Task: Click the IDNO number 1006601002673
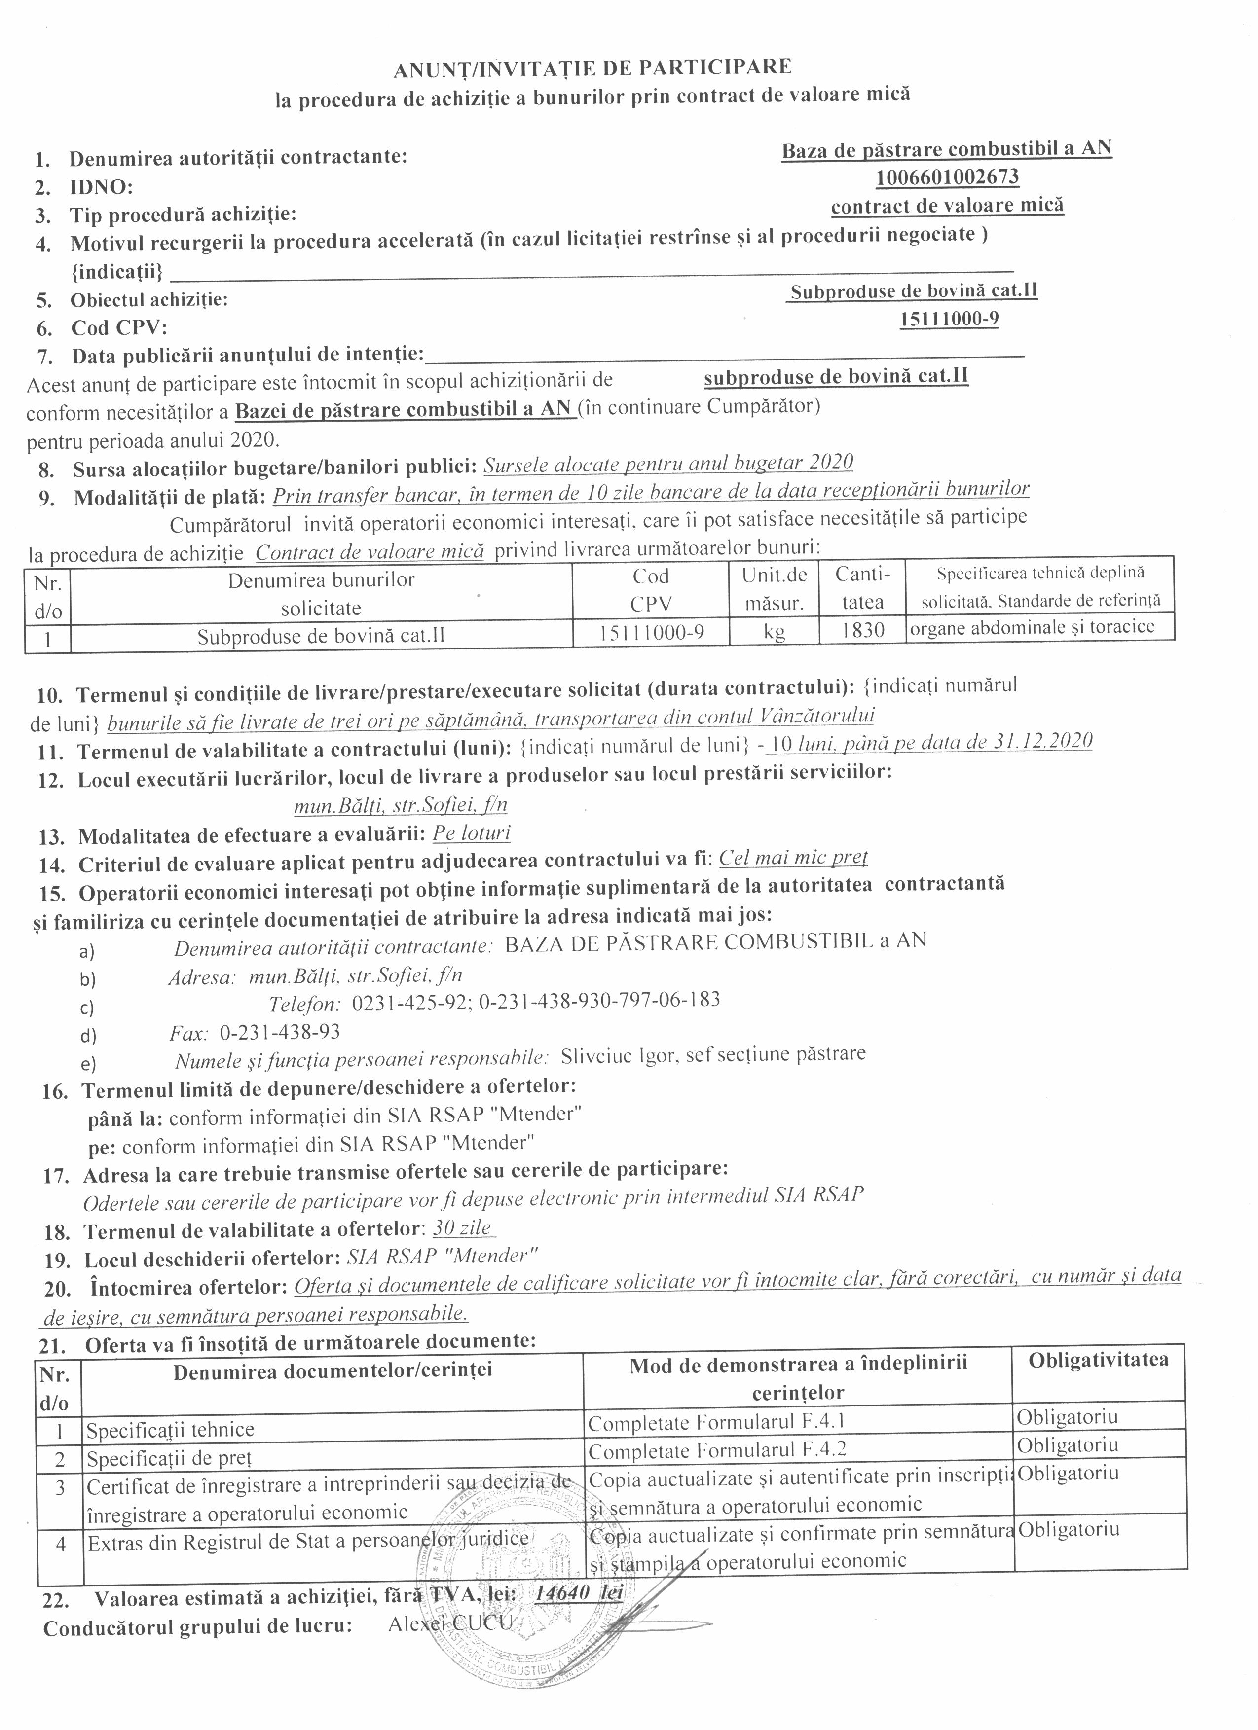click(x=947, y=177)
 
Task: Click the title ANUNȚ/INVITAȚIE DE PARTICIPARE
click(x=592, y=68)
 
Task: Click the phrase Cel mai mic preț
click(x=793, y=858)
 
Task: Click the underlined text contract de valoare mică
click(x=947, y=205)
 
